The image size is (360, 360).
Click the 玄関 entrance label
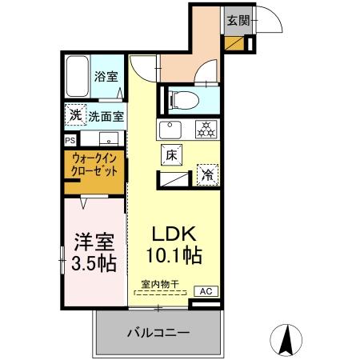coord(235,20)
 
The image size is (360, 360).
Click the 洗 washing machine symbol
coord(74,115)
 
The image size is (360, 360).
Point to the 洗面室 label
coord(106,116)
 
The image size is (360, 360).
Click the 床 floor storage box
coord(171,156)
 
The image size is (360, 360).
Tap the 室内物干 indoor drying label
coord(158,284)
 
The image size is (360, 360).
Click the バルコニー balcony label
coord(158,332)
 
